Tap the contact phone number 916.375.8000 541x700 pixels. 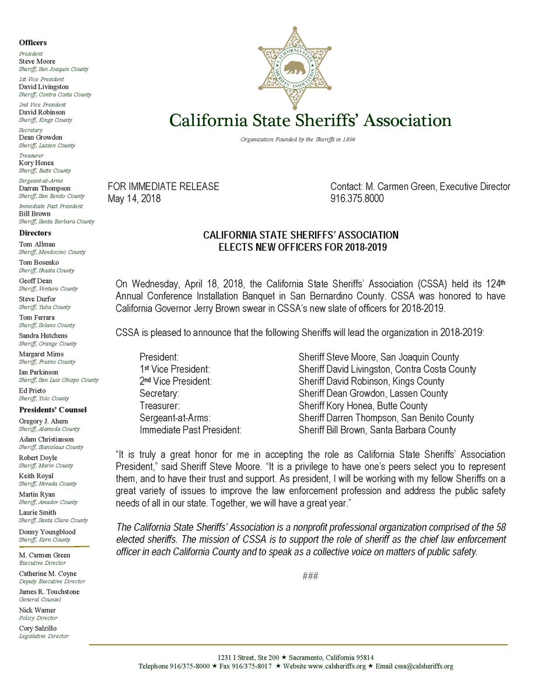pos(357,198)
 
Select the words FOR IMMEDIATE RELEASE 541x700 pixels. pos(163,187)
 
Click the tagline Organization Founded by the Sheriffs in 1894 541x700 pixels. pos(298,140)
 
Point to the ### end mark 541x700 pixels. pos(310,576)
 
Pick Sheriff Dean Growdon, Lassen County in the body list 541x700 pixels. pos(373,393)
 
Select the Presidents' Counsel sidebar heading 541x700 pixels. pos(53,409)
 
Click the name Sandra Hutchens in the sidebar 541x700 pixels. pos(43,335)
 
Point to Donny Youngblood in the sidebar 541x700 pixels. pos(47,532)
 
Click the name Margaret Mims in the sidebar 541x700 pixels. pos(41,354)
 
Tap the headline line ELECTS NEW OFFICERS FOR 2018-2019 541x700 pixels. pos(301,246)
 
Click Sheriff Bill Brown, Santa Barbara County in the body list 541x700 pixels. pos(376,430)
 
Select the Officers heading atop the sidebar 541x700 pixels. pos(33,43)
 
